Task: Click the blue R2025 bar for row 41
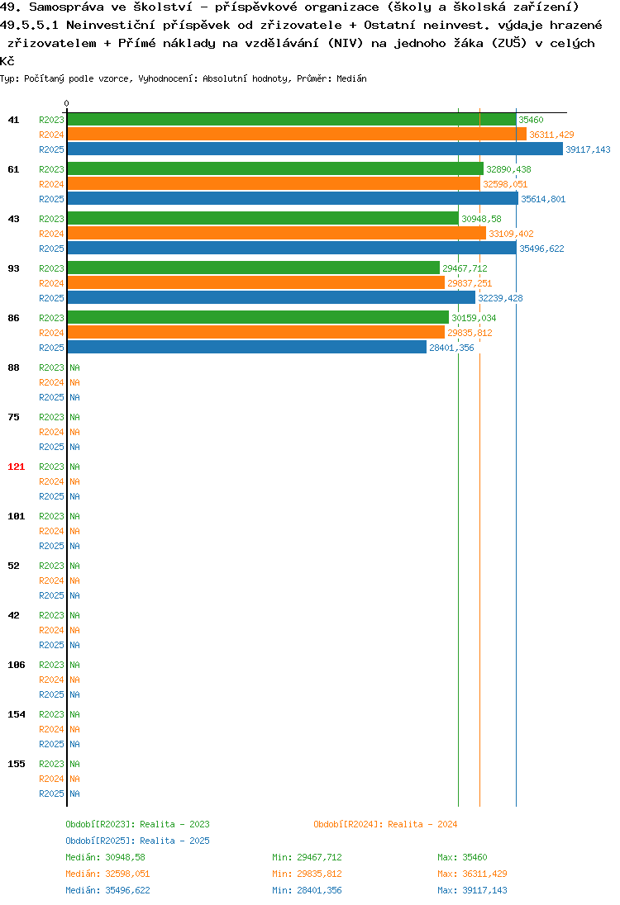pos(315,149)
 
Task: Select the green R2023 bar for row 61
pos(275,168)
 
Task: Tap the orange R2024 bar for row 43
pos(277,233)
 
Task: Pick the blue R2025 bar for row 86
pos(246,348)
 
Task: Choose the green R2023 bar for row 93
pos(254,268)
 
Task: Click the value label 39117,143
pos(588,149)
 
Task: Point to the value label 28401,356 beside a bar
pos(451,348)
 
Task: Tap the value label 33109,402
pos(511,234)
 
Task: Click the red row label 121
pos(17,467)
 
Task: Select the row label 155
pos(17,764)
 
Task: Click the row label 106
pos(17,665)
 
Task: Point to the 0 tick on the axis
pos(66,103)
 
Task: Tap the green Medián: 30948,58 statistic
pos(105,857)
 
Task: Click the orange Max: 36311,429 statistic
pos(472,874)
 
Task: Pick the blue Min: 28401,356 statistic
pos(307,891)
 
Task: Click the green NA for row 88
pos(75,367)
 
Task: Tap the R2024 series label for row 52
pos(51,580)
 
